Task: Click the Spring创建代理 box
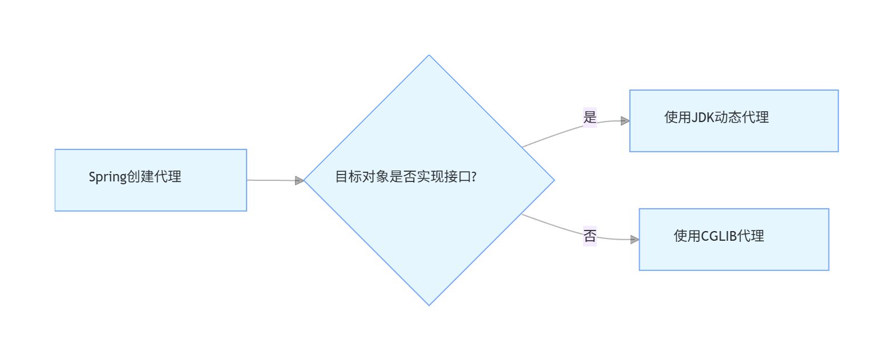(151, 180)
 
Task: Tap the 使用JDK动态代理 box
(734, 121)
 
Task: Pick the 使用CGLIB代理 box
(734, 240)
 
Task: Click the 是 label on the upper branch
(589, 118)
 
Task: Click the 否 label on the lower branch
(589, 236)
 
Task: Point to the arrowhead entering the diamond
(300, 181)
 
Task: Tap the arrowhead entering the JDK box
(625, 121)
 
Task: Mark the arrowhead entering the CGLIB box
(635, 240)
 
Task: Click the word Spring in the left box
(107, 177)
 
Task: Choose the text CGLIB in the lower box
(718, 236)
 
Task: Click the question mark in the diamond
(474, 177)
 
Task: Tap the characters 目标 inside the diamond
(348, 177)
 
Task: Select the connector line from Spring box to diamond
(271, 180)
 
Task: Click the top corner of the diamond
(429, 56)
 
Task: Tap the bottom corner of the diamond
(429, 305)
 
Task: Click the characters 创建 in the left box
(140, 177)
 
